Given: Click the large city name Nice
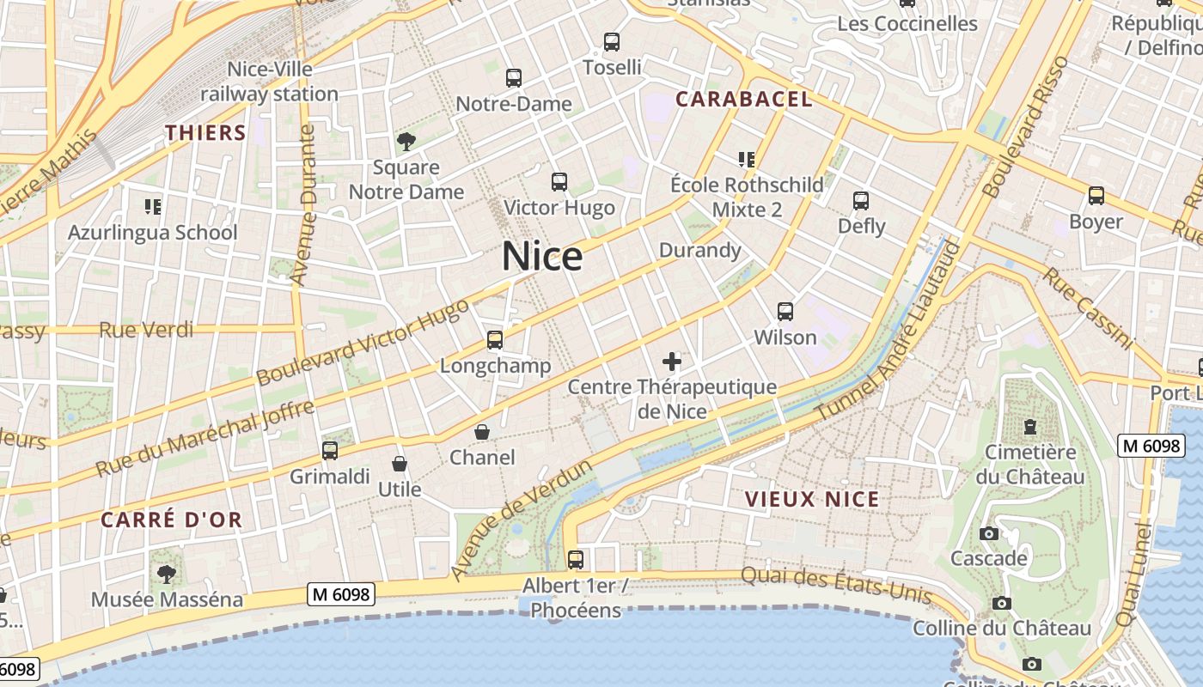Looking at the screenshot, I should click(542, 256).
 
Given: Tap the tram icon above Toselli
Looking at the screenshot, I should click(612, 41).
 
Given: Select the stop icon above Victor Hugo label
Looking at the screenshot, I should click(559, 182).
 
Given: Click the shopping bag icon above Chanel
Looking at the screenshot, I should click(482, 431).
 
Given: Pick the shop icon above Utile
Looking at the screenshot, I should click(400, 465).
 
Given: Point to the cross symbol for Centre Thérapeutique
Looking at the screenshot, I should click(672, 362).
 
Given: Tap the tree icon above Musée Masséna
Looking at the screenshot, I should click(167, 574).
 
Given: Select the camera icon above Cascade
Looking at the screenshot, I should click(989, 533).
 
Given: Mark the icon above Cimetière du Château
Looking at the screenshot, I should click(1030, 426).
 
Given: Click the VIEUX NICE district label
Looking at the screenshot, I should click(812, 499).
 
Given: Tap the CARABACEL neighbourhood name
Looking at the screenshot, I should click(743, 99).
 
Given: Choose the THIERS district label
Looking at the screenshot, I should click(205, 132).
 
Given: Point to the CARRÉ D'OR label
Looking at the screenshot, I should click(172, 520).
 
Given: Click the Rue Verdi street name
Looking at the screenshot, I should click(146, 330).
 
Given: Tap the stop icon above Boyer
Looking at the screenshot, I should click(1096, 196).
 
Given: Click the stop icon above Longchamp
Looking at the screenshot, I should click(495, 340).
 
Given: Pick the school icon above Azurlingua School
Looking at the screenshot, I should click(153, 206).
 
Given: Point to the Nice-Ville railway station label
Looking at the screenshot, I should click(270, 81).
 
